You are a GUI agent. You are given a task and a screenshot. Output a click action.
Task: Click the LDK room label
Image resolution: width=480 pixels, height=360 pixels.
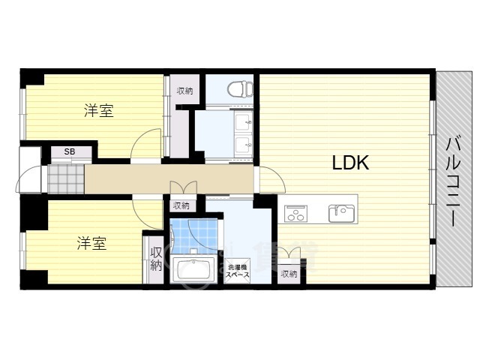point(350,163)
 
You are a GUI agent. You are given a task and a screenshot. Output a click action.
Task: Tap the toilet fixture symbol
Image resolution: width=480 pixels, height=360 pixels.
point(240,88)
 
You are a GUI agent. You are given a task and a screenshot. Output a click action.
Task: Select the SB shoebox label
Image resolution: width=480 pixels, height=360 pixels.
point(70,151)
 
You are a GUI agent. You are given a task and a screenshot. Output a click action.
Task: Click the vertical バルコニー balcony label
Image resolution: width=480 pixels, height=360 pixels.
point(453,181)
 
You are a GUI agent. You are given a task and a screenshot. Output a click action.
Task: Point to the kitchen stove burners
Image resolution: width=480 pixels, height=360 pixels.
point(295,213)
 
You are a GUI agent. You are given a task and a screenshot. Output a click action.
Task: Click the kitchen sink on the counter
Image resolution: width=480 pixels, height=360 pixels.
point(341,213)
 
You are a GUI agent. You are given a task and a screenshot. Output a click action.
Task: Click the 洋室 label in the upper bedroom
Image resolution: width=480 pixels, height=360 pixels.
point(99,111)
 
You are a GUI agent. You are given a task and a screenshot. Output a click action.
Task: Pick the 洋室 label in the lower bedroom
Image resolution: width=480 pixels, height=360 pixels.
point(91,243)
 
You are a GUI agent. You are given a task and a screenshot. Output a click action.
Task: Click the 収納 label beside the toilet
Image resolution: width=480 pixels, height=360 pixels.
point(185,91)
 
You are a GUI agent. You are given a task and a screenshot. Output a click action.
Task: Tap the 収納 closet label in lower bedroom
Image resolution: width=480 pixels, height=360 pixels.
point(156,259)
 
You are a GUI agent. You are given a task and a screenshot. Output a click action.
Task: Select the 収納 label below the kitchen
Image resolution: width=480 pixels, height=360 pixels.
point(289,274)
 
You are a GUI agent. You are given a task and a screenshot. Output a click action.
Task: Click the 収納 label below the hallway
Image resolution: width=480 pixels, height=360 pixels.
point(181,205)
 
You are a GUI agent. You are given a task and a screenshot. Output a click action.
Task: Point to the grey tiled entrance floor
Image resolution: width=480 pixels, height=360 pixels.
point(66,179)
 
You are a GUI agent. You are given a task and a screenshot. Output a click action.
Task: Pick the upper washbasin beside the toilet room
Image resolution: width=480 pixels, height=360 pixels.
point(243,121)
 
